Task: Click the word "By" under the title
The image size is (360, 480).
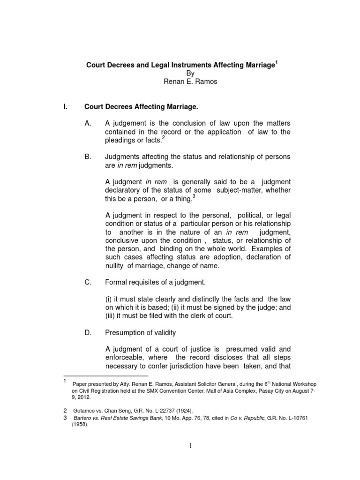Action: click(190, 74)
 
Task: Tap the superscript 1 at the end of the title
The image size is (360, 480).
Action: click(276, 62)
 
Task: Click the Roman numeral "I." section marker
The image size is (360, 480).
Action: click(66, 107)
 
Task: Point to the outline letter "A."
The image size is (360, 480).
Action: click(88, 123)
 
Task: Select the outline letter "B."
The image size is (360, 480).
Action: click(88, 157)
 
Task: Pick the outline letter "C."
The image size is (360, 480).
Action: click(88, 282)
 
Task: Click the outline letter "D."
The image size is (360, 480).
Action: click(88, 332)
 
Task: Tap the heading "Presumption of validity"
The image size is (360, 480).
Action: click(141, 332)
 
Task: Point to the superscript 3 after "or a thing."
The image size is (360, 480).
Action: click(194, 196)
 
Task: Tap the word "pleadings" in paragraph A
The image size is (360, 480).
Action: click(120, 140)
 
